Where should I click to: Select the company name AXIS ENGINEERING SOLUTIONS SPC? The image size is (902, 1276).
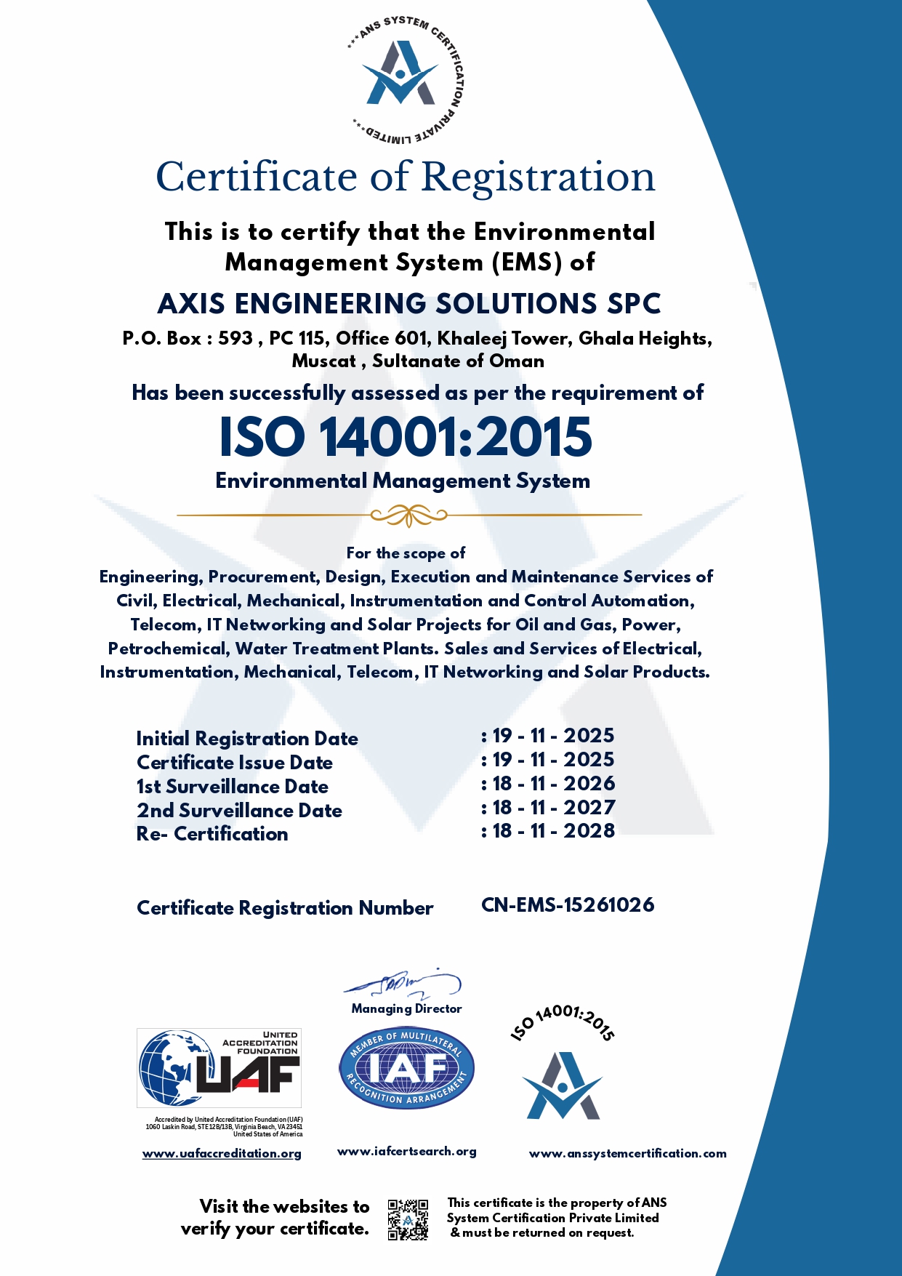point(409,304)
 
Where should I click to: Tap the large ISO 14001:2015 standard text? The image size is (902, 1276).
point(406,438)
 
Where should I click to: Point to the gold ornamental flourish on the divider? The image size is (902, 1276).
point(408,515)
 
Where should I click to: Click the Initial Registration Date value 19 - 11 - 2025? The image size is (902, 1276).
point(553,736)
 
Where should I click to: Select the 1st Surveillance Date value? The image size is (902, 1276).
point(553,784)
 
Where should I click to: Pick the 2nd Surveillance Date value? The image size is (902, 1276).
point(553,808)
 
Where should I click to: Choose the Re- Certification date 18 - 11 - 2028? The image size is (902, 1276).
point(553,831)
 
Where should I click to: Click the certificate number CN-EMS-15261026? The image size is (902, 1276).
point(568,905)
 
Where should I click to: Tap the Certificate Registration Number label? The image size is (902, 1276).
point(285,908)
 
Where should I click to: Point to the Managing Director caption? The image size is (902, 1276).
point(406,1008)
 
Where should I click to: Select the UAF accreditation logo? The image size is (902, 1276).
point(220,1068)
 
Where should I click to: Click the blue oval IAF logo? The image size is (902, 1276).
point(406,1068)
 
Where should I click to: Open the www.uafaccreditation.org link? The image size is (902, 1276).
point(222,1154)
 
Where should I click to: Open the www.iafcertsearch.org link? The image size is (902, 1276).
point(407,1152)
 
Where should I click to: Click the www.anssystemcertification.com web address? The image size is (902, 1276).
point(627,1154)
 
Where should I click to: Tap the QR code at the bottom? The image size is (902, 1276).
point(408,1219)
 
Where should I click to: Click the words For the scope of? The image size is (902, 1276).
point(406,553)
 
